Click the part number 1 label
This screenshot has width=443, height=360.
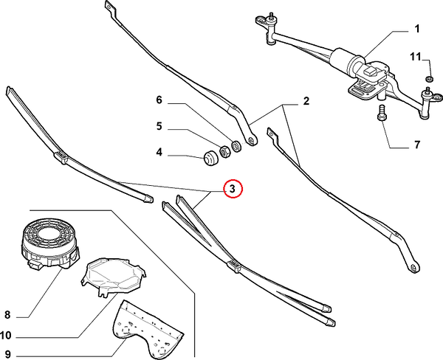(416, 30)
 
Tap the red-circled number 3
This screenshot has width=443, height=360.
(232, 190)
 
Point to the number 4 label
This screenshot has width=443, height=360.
(158, 154)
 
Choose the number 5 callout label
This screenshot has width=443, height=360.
(158, 126)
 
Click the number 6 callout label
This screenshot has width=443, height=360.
(158, 100)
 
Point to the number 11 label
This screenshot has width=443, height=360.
(416, 57)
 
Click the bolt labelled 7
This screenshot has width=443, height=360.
(381, 116)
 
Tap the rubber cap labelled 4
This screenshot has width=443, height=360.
(210, 156)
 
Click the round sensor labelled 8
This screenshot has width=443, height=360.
(47, 240)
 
